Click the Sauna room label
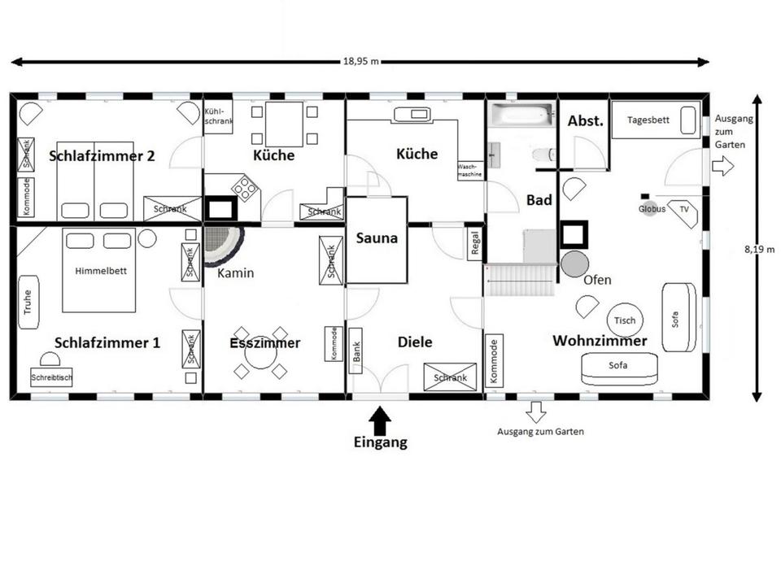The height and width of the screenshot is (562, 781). click(x=377, y=238)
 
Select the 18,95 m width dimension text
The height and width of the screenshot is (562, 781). click(x=360, y=62)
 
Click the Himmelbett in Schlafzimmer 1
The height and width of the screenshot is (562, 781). click(x=100, y=271)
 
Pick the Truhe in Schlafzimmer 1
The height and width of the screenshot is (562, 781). click(x=28, y=302)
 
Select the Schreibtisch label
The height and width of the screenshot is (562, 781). click(x=52, y=378)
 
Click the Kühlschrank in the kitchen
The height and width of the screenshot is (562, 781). click(x=218, y=116)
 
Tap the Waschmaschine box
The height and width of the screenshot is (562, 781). click(x=471, y=169)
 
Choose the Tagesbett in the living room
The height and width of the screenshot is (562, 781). click(x=655, y=120)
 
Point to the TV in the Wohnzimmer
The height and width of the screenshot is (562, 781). click(x=683, y=209)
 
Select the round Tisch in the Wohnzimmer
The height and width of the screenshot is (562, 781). click(x=625, y=320)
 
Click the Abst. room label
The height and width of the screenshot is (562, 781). click(x=585, y=121)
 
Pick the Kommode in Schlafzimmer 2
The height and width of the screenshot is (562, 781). click(x=25, y=196)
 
